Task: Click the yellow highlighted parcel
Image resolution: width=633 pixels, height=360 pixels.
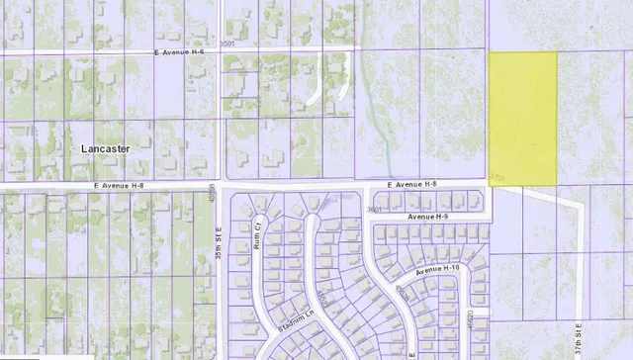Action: [522, 117]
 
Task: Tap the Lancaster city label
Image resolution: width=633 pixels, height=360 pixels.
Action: [98, 146]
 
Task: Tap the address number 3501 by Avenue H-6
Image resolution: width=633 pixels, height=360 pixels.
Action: [228, 45]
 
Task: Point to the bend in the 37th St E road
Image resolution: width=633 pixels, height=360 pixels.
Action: [578, 205]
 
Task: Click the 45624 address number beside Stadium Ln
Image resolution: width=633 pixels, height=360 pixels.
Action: [323, 297]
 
